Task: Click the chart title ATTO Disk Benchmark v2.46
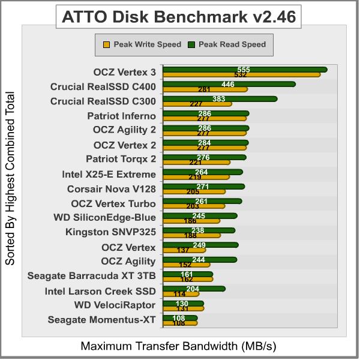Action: pyautogui.click(x=179, y=17)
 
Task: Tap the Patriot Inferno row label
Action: pyautogui.click(x=121, y=116)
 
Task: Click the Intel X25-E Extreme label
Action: pyautogui.click(x=109, y=175)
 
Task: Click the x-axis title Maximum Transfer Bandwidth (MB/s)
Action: pyautogui.click(x=178, y=346)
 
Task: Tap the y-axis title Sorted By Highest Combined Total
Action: pyautogui.click(x=10, y=179)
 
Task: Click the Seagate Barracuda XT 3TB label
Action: pyautogui.click(x=92, y=276)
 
